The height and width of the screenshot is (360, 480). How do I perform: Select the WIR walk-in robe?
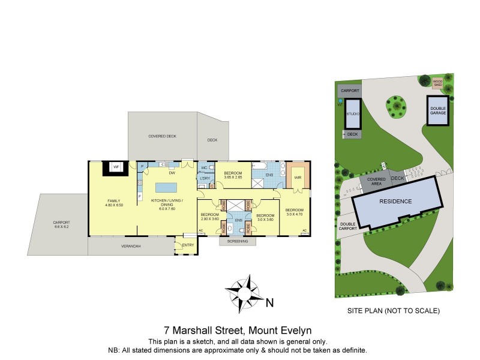[x=296, y=176]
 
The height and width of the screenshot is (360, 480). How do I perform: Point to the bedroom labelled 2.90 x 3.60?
[x=209, y=217]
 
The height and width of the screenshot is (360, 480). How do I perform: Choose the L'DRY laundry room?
[x=204, y=179]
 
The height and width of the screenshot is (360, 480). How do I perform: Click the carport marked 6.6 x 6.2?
[x=61, y=224]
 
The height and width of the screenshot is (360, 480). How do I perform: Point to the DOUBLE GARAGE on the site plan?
[x=437, y=110]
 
